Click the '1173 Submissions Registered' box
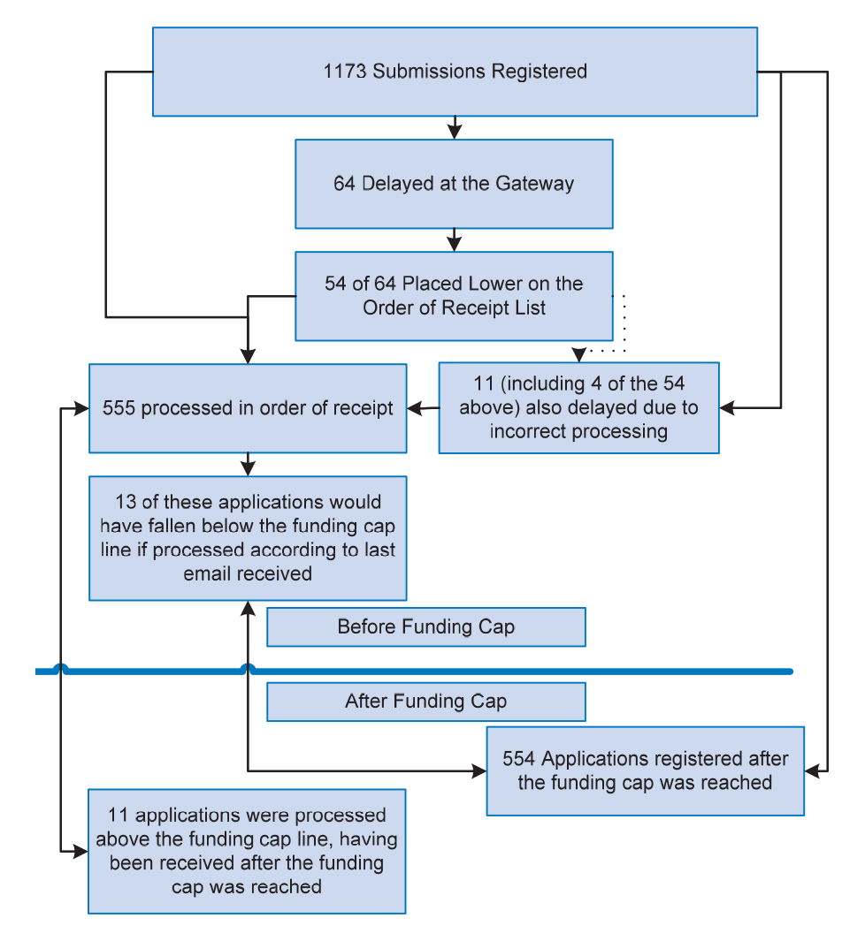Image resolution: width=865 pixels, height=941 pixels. (x=455, y=72)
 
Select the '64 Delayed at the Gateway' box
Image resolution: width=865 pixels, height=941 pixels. (x=454, y=184)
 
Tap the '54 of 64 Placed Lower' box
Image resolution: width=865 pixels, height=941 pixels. (x=454, y=296)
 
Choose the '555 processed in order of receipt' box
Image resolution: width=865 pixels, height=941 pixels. (x=248, y=408)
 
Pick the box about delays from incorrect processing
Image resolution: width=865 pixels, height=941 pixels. (x=579, y=407)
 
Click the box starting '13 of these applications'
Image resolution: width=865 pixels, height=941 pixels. (x=248, y=538)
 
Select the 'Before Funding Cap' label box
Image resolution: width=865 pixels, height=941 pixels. (x=426, y=627)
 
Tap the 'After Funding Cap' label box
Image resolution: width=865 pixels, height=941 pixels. (x=426, y=702)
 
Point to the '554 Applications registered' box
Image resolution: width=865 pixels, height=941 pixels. (x=645, y=771)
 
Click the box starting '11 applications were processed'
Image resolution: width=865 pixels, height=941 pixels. (x=247, y=852)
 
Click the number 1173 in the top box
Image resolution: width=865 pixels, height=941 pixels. (x=345, y=72)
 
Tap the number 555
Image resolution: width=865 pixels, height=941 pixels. (x=119, y=408)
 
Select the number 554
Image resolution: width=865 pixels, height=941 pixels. (x=518, y=759)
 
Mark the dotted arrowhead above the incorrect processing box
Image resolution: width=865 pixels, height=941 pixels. (x=579, y=354)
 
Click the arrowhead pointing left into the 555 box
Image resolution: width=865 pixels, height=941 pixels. (x=415, y=408)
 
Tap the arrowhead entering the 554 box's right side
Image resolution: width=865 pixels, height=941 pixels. (x=812, y=771)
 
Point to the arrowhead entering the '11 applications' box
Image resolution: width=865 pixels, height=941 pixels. (x=80, y=851)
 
